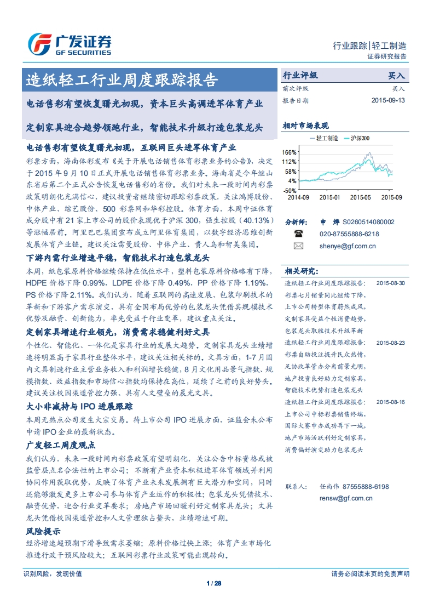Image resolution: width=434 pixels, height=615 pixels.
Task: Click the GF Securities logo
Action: coord(70,44)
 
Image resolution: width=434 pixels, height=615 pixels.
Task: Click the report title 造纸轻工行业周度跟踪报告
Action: coord(122,81)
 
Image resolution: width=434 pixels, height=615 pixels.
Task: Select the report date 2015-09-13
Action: coord(388,101)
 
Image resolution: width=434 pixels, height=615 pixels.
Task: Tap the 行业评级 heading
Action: coord(300,76)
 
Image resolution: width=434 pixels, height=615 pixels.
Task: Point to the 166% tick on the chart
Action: coord(290,152)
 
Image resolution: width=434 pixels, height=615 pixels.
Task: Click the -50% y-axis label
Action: coord(290,190)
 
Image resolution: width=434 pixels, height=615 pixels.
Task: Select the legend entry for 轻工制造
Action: coord(327,138)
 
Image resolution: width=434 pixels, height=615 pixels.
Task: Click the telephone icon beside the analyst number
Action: coord(299,234)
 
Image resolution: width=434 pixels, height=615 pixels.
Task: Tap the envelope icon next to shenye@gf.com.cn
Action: coord(298,246)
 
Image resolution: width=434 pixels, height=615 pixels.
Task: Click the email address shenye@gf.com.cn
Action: coord(348,246)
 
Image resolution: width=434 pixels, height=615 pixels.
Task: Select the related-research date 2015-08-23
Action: coord(391,343)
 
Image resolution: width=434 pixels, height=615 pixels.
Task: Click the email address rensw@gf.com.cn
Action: coord(346,498)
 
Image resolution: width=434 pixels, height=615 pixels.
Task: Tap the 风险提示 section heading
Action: coord(43,531)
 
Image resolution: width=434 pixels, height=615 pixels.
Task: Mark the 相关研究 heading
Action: coord(300,271)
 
